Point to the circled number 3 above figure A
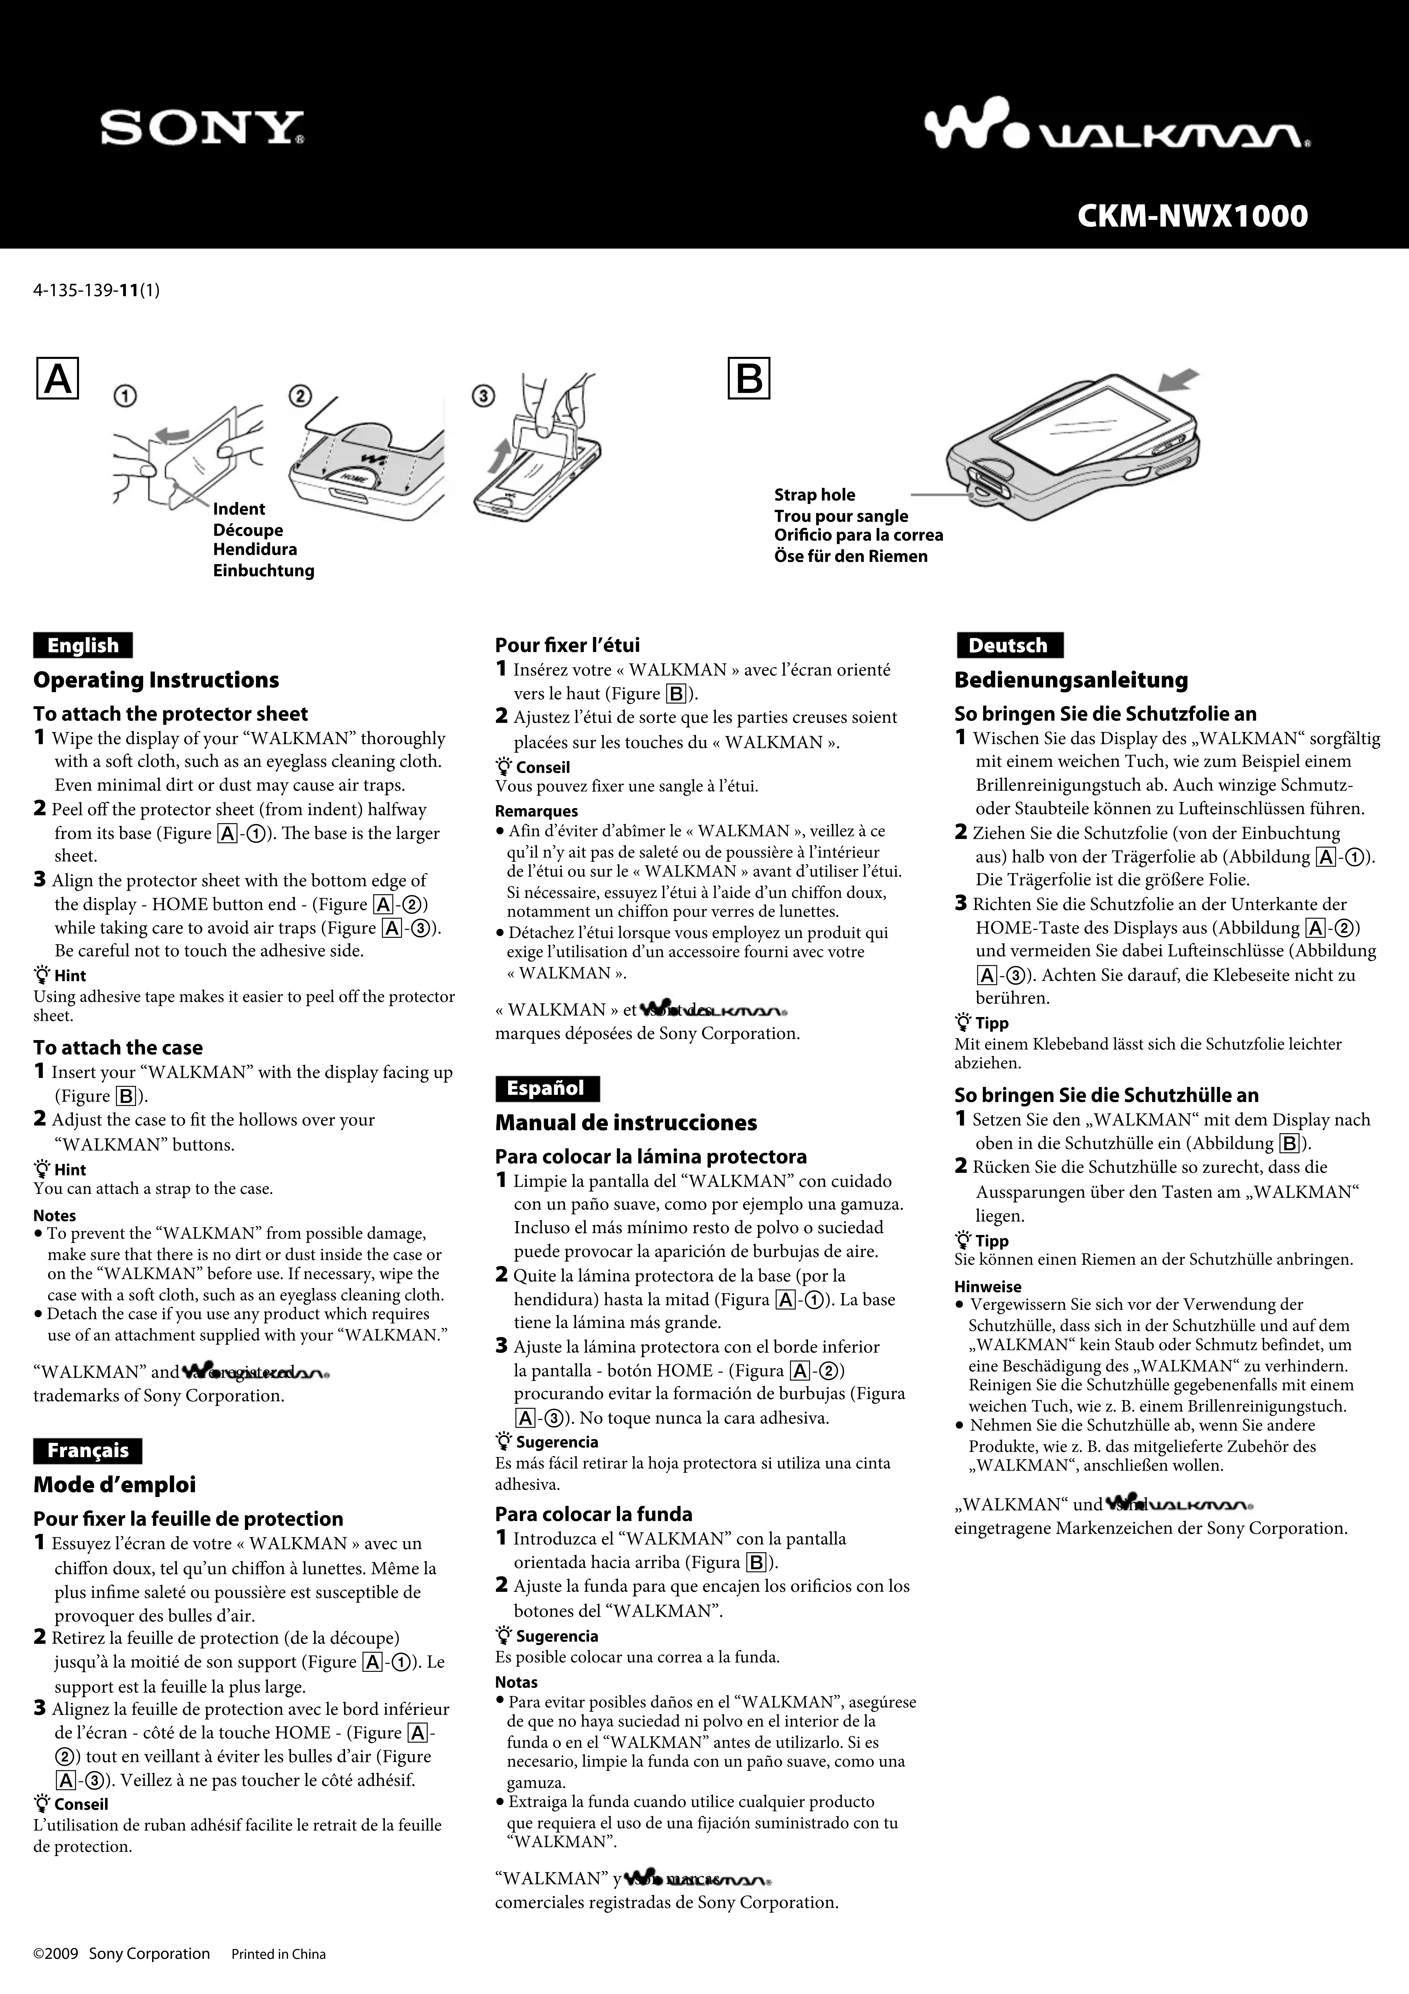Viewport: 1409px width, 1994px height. click(483, 396)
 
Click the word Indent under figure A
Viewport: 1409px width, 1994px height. click(239, 509)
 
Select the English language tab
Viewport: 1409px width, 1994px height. click(82, 645)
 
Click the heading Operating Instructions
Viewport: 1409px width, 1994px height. click(156, 680)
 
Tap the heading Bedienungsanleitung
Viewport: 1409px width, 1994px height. click(1071, 680)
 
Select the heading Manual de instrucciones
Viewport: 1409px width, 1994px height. click(625, 1123)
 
